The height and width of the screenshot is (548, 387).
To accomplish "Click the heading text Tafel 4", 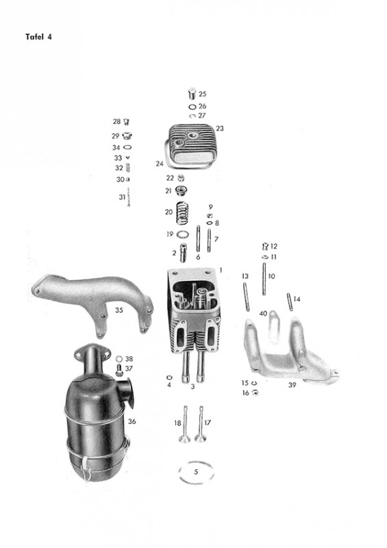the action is pos(38,37).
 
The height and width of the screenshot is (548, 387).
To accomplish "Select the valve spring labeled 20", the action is pos(182,214).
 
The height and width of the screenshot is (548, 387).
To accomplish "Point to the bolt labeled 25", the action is pos(192,94).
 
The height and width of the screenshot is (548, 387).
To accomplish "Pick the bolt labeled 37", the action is pos(119,370).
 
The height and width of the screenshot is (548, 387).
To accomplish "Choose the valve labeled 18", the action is pos(185,424).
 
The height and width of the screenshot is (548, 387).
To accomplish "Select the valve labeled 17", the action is pos(200,424).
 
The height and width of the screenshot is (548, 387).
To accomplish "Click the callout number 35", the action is pos(119,310).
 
